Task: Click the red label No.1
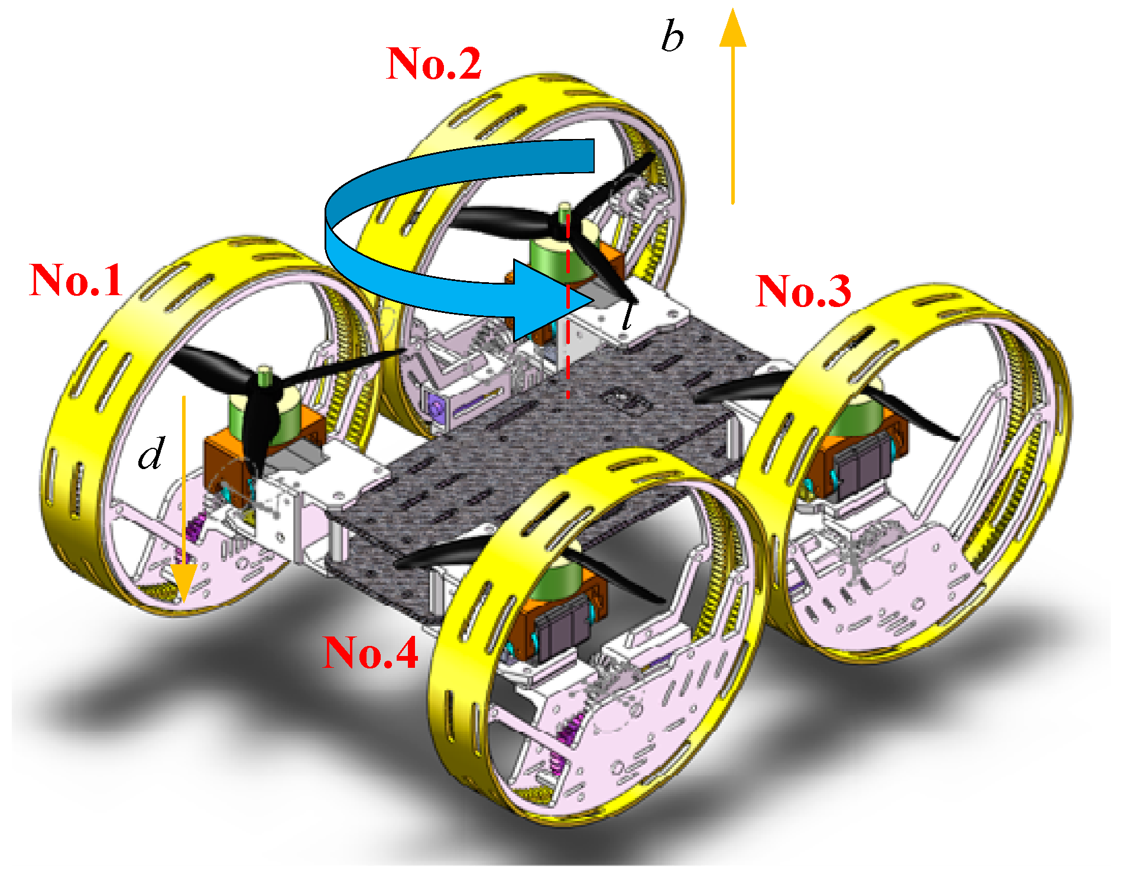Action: [76, 280]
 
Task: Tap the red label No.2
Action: [433, 63]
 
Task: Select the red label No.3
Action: [803, 291]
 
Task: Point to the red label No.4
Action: [370, 652]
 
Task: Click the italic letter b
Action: [672, 37]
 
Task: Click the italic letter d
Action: [150, 454]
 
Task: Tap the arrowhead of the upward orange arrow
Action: [733, 30]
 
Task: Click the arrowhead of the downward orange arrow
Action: [183, 583]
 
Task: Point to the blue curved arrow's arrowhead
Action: [550, 300]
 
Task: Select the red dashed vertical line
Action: [568, 308]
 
